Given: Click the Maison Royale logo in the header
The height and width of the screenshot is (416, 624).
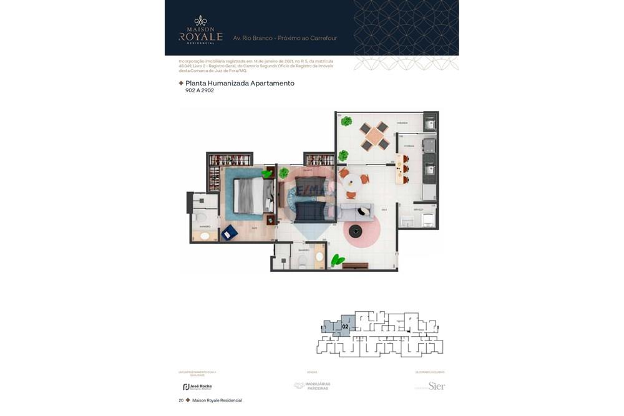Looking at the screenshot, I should click(x=200, y=31).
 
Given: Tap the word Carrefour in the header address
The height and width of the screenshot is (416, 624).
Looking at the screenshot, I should click(x=323, y=38).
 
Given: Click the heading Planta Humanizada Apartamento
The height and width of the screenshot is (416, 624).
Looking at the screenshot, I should click(x=240, y=83).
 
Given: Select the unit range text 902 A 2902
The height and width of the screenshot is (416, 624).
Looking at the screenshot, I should click(x=200, y=90).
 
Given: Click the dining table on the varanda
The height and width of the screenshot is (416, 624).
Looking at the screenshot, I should click(x=374, y=136).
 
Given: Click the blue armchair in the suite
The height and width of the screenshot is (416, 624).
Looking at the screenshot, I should click(x=229, y=232).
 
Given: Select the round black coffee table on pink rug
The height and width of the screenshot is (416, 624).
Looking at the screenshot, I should click(x=356, y=231).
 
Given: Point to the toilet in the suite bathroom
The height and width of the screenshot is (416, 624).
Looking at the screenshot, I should click(x=202, y=217).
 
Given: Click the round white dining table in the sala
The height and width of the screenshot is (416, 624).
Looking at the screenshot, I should click(x=351, y=182).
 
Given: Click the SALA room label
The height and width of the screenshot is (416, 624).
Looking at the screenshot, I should click(x=384, y=210).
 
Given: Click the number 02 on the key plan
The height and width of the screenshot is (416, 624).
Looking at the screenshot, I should click(x=345, y=326).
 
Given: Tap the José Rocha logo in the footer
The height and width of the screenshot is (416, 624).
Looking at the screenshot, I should click(x=197, y=387).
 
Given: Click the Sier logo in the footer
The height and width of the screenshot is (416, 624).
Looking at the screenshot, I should click(x=436, y=386).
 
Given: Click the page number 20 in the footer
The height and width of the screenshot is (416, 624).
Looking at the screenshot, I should click(x=181, y=400).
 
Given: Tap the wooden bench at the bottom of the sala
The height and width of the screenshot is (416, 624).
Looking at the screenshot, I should click(x=356, y=266).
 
